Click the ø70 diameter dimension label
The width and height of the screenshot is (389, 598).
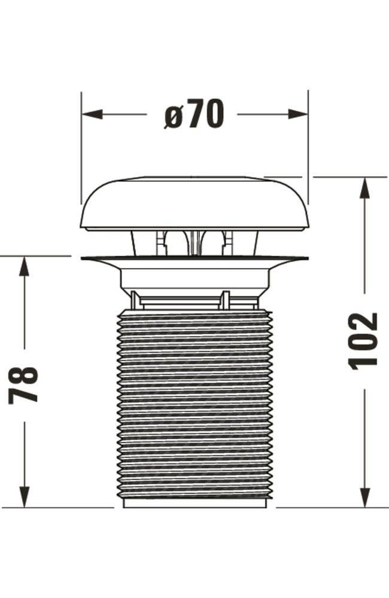(x=193, y=114)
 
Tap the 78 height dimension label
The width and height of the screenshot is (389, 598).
(x=24, y=385)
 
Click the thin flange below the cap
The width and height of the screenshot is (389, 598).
(x=194, y=259)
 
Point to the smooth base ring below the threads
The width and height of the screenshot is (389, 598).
(x=194, y=504)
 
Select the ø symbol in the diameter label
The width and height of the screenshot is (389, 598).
(x=173, y=115)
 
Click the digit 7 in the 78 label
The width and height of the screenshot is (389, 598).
(x=24, y=394)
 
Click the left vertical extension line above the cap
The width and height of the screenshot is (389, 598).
(x=81, y=149)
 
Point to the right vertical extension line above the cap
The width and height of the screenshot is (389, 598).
(x=308, y=149)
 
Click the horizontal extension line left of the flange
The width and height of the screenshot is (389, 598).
(x=36, y=256)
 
